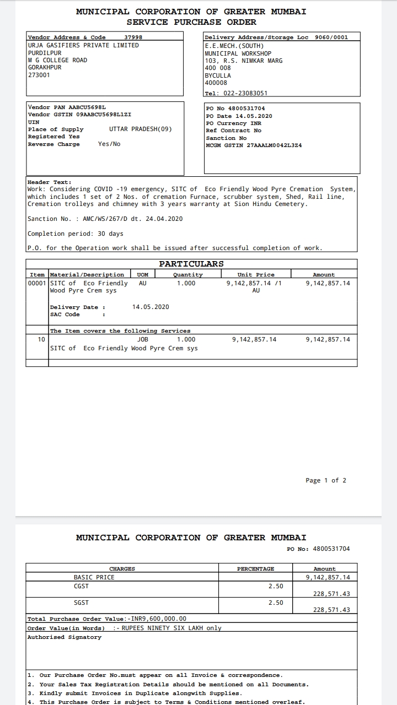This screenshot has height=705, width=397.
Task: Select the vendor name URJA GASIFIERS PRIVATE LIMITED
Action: point(83,45)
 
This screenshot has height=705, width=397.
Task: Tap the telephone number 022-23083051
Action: point(245,93)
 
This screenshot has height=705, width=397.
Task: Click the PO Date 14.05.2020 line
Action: point(239,116)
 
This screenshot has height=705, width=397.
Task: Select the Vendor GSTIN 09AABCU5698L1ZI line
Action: point(79,115)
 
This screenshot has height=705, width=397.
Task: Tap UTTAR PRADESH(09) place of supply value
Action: point(141,129)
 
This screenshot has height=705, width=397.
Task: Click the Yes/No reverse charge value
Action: point(109,144)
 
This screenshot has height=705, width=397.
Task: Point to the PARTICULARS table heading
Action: point(191,264)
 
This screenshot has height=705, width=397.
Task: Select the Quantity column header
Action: point(187,274)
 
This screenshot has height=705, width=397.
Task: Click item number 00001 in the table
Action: point(37,283)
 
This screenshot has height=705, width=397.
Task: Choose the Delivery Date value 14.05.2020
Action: point(151,307)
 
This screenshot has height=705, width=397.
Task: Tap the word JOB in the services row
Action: point(143,339)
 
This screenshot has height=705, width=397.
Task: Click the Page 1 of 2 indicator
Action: point(326,480)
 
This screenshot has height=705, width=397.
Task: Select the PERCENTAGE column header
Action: point(255,568)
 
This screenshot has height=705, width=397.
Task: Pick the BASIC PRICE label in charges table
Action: point(94,577)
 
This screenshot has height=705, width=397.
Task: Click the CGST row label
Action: point(81,586)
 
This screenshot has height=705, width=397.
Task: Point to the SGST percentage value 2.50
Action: point(276,603)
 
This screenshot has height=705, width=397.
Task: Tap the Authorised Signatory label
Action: point(65,637)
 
